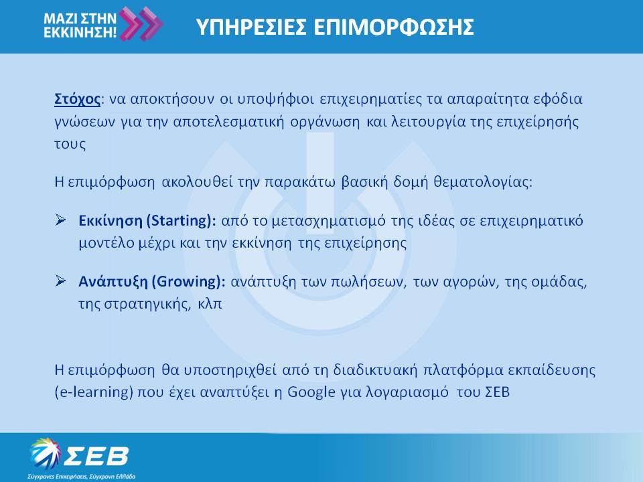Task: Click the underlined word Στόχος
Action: tap(77, 100)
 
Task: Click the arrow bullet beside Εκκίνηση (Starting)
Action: tap(60, 220)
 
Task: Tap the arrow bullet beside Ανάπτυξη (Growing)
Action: tap(60, 280)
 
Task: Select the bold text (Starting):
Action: tap(181, 221)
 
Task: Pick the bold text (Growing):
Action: tap(188, 282)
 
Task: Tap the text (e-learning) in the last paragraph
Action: tap(94, 392)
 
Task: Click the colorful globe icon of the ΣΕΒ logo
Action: tap(45, 453)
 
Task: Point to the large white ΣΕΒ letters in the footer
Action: tap(95, 455)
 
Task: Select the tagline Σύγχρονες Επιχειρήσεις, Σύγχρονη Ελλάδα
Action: tap(82, 477)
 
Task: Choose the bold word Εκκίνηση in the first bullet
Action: tap(111, 221)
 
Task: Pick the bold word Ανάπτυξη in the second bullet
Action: tap(113, 282)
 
